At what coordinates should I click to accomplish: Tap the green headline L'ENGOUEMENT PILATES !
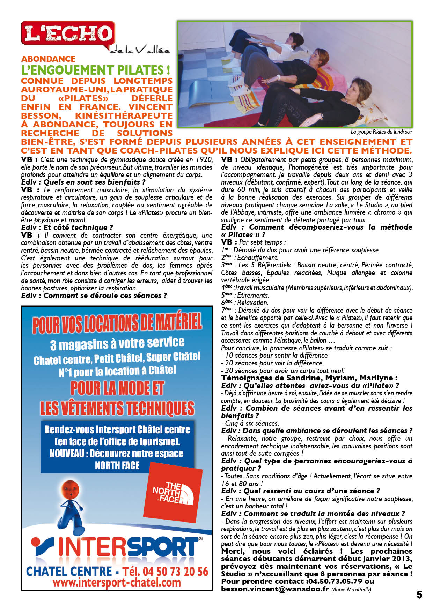pos(96,70)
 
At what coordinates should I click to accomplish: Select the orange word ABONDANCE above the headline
pos(48,59)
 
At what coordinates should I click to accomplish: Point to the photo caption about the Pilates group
pos(381,132)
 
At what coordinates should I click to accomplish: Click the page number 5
pos(419,595)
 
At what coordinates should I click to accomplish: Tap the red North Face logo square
pos(175,492)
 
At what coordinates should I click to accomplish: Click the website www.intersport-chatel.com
pos(117,582)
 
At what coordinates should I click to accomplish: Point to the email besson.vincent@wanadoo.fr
pos(275,589)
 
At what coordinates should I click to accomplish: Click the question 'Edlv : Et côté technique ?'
pos(67,227)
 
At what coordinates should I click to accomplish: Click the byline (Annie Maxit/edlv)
pos(351,589)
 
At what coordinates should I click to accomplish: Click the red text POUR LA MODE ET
pos(117,388)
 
